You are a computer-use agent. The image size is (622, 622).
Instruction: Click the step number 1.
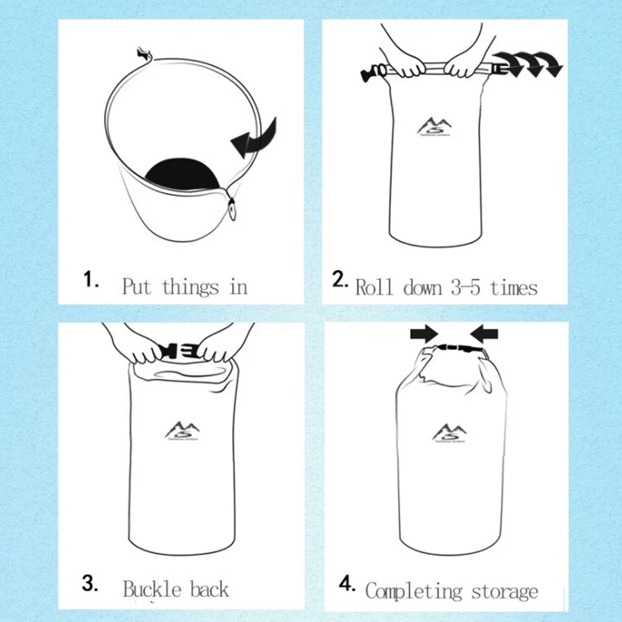tap(91, 280)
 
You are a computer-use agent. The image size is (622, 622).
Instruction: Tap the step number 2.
tap(341, 279)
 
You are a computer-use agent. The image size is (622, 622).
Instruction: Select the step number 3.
tap(91, 584)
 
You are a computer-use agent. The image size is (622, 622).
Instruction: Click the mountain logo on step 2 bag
tap(435, 127)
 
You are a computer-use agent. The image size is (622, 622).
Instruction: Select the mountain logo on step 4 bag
tap(450, 432)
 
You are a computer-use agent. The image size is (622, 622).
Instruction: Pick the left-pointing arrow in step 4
tap(485, 334)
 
